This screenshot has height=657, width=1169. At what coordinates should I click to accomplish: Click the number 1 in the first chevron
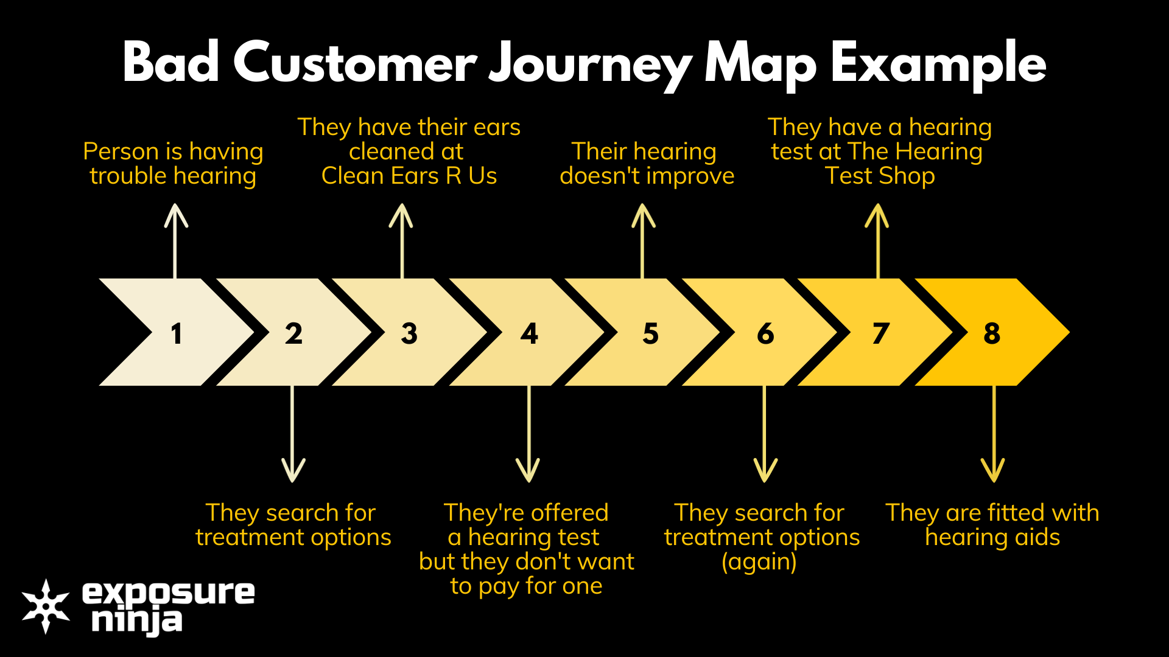177,333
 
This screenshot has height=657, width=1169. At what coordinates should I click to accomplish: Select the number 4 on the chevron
529,333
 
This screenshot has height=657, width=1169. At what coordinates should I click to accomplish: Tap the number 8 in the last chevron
992,333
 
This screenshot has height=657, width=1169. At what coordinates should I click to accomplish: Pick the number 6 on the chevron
765,333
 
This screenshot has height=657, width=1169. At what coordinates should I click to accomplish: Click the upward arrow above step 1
176,241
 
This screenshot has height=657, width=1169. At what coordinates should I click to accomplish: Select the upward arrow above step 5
643,241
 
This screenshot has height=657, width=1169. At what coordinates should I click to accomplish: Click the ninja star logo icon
46,606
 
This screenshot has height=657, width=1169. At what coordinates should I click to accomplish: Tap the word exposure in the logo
168,593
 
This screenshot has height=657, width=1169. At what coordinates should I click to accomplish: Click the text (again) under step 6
759,562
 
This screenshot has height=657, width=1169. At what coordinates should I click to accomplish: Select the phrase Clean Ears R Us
409,176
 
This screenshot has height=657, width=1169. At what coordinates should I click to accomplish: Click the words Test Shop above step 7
880,176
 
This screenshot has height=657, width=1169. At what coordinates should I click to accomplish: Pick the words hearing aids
992,538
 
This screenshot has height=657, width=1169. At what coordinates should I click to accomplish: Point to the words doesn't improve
647,176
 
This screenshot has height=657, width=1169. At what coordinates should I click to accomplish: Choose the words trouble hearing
173,176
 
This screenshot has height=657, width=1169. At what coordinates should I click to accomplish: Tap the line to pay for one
526,586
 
